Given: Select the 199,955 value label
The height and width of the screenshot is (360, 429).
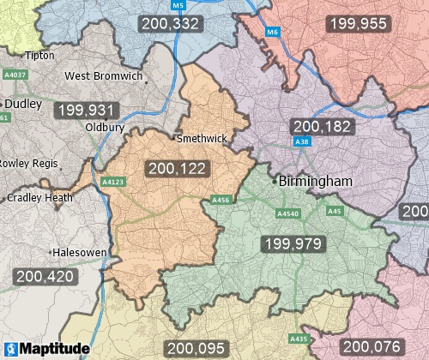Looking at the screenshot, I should tap(357, 23).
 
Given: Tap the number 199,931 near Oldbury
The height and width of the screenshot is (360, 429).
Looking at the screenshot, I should tap(84, 111).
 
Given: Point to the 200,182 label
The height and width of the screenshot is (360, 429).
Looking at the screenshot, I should tap(322, 126).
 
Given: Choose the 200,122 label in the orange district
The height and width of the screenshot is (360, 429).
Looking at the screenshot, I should tap(177, 169).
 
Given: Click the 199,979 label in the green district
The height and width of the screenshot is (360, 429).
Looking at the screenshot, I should tap(293, 244).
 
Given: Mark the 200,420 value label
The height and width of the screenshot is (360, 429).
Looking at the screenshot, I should tap(45, 277).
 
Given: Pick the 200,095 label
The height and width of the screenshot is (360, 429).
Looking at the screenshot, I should tap(195, 348).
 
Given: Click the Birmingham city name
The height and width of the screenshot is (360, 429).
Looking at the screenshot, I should tap(317, 182).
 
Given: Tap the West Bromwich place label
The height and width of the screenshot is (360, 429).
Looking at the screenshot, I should tap(104, 76).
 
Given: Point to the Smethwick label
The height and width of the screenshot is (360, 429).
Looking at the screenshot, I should tap(200, 138).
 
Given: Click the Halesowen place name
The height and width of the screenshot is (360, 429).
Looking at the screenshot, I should tap(78, 254).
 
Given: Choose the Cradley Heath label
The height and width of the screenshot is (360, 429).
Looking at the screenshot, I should tap(39, 197).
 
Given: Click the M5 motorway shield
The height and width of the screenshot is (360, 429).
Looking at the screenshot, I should tap(178, 6).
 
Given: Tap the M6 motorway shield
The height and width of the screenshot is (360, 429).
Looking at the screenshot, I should tap(272, 33).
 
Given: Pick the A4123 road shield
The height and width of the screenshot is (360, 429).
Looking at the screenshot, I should tap(112, 183).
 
